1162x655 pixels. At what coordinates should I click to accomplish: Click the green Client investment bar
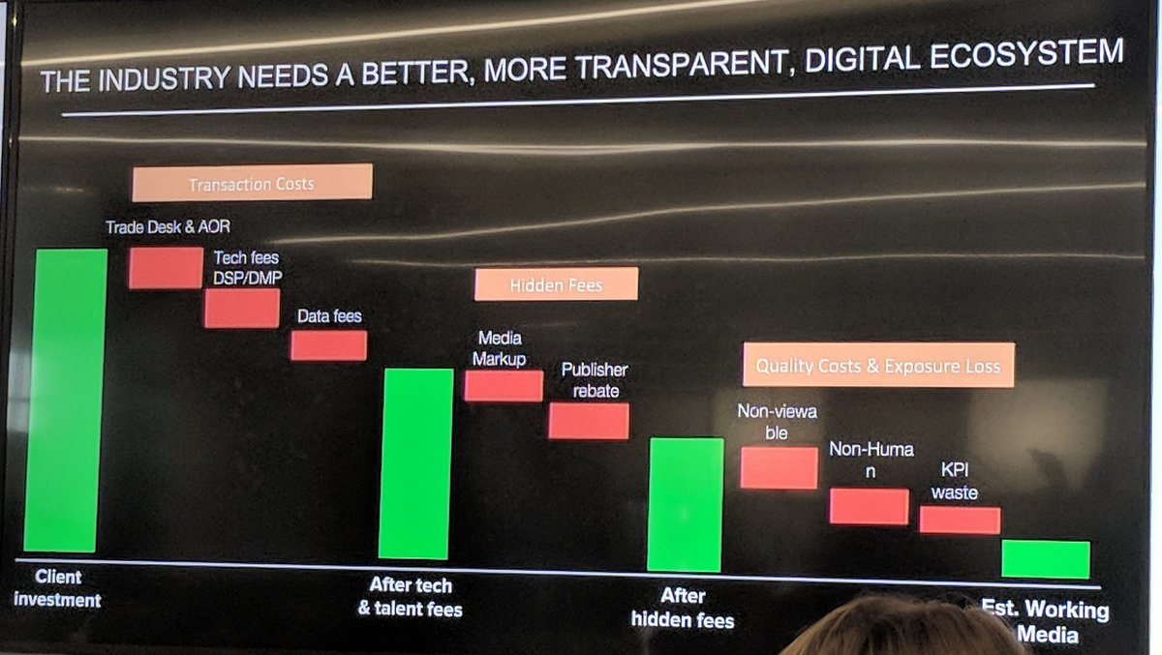pos(66,400)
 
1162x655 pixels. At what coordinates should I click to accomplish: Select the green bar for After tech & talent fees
pos(415,463)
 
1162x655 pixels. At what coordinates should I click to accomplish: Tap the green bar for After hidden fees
pos(686,504)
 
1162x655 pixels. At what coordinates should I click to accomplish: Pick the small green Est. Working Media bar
pos(1045,559)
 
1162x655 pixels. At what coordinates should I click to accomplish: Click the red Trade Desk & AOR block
pos(166,268)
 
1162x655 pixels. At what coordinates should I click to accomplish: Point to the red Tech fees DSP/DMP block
pos(241,308)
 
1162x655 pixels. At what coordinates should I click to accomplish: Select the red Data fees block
pos(328,345)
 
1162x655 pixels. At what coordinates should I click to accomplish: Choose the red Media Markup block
pos(503,385)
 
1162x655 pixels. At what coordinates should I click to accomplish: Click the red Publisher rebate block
pos(589,421)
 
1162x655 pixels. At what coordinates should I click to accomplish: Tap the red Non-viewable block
pos(779,467)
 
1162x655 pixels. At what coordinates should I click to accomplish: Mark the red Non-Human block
pos(869,506)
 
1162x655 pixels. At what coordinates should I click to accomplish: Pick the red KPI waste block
pos(959,520)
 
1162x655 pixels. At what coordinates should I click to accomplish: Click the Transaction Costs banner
pos(252,183)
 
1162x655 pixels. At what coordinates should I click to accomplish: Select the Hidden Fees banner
pos(556,284)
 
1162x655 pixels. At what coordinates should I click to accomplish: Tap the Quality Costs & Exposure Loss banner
pos(877,366)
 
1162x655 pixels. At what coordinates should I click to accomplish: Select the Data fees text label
pos(329,316)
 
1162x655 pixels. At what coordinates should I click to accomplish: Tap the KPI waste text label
pos(955,482)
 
